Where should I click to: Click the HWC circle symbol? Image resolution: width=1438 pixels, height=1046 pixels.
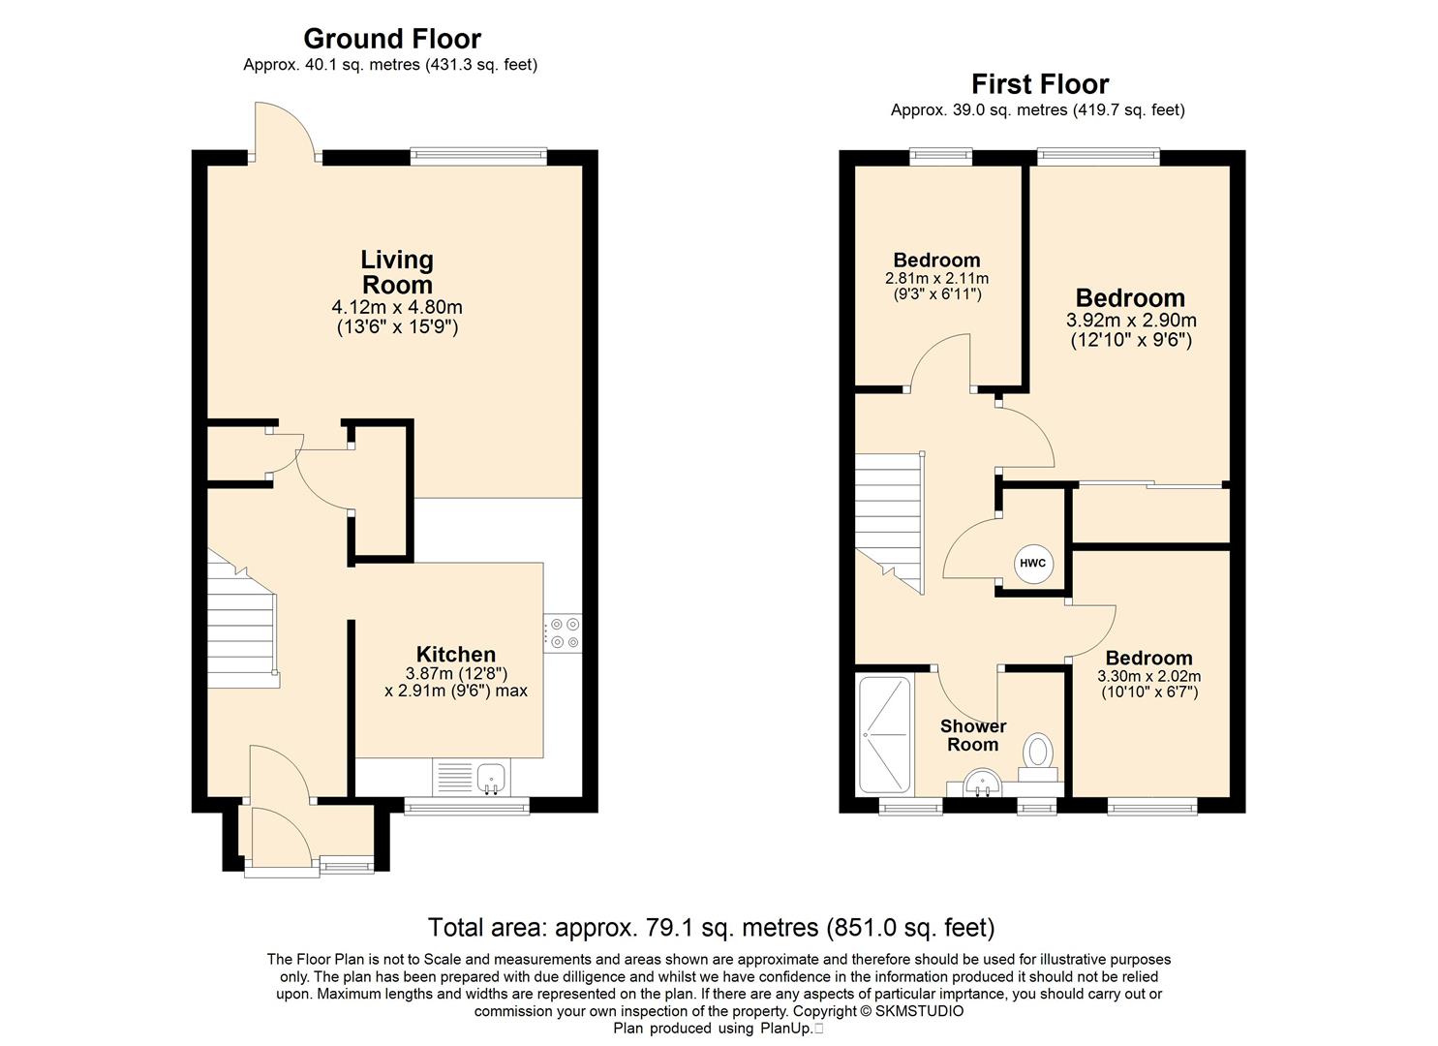pyautogui.click(x=1032, y=564)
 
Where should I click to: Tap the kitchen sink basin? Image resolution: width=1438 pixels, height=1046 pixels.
pyautogui.click(x=492, y=778)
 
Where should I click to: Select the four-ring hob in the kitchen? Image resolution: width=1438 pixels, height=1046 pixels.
pyautogui.click(x=563, y=633)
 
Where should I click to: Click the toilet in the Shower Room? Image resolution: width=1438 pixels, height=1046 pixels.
pyautogui.click(x=1038, y=758)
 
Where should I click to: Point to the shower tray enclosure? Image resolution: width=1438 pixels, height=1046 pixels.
pyautogui.click(x=885, y=734)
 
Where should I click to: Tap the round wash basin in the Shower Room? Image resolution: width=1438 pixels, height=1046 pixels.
pyautogui.click(x=982, y=784)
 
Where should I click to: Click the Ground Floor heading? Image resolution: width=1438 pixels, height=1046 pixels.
pyautogui.click(x=391, y=39)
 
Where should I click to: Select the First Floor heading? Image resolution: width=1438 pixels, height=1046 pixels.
pyautogui.click(x=1040, y=84)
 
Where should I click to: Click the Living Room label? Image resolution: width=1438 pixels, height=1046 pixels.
pyautogui.click(x=397, y=271)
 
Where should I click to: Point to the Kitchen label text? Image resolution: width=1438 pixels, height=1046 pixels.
pyautogui.click(x=456, y=655)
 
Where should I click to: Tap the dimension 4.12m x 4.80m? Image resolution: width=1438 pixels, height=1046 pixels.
pyautogui.click(x=397, y=307)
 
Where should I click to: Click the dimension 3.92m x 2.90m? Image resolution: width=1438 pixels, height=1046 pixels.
pyautogui.click(x=1131, y=320)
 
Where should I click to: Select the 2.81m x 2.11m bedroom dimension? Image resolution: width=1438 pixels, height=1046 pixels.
pyautogui.click(x=936, y=279)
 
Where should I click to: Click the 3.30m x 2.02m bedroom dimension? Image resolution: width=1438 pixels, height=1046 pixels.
pyautogui.click(x=1149, y=676)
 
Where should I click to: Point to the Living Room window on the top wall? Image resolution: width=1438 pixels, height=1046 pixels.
pyautogui.click(x=478, y=156)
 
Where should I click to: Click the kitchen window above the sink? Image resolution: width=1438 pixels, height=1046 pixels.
pyautogui.click(x=467, y=806)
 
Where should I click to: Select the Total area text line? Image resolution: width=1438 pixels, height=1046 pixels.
pyautogui.click(x=712, y=928)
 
